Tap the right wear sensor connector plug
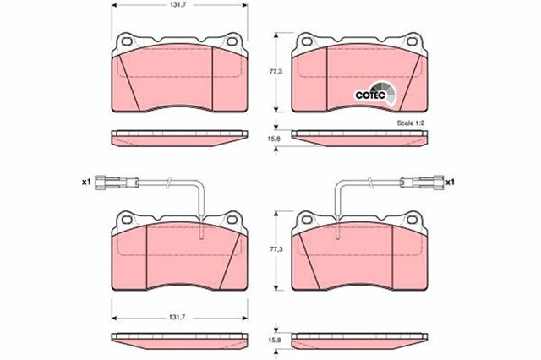tap(424, 181)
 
